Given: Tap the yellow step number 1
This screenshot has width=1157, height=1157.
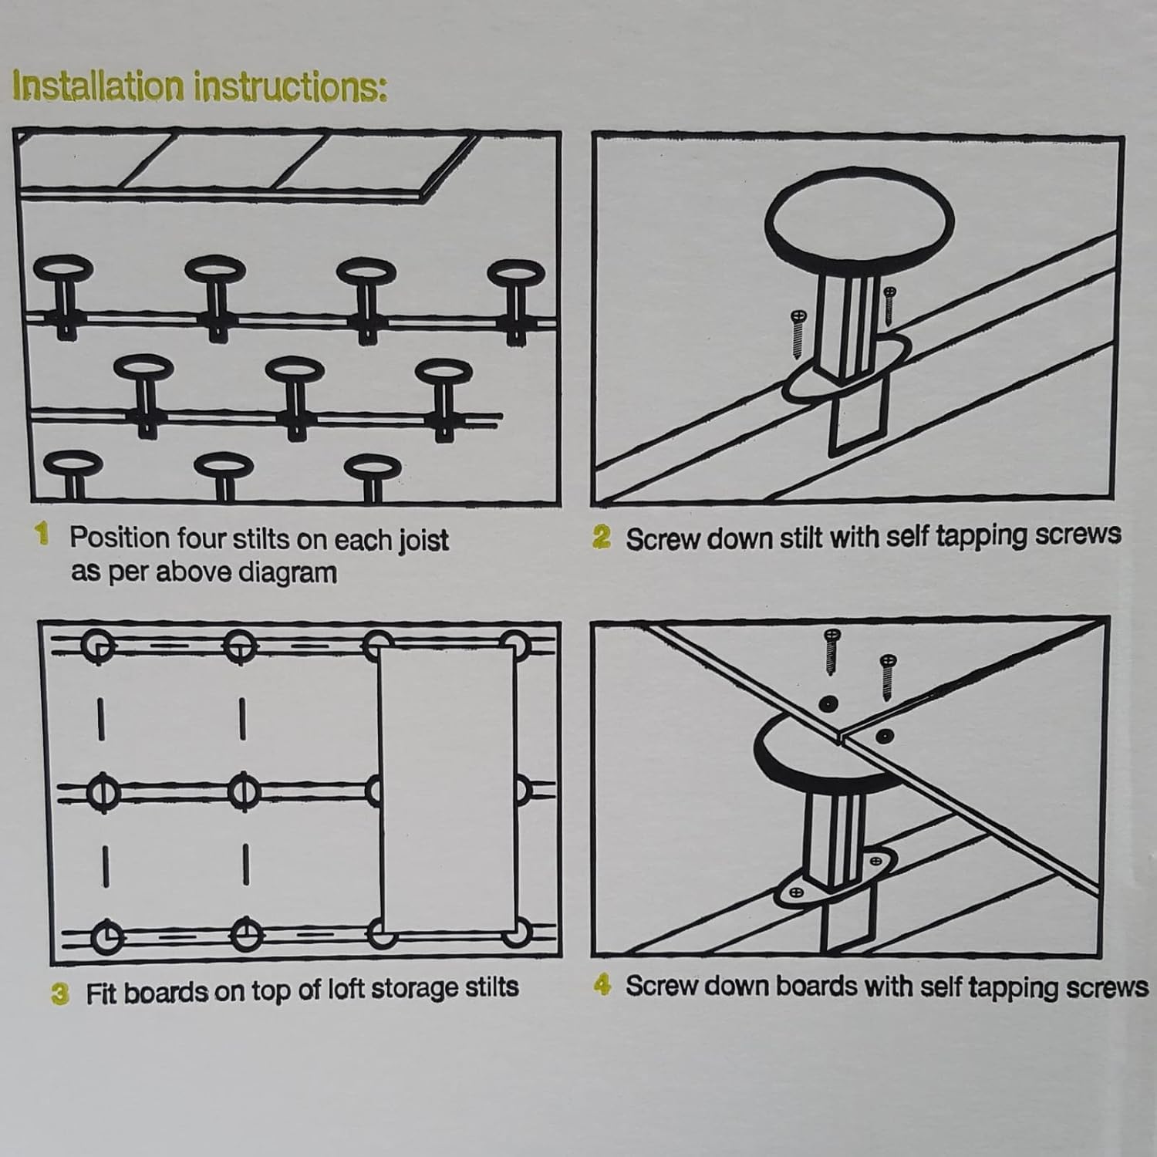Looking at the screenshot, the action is click(x=42, y=533).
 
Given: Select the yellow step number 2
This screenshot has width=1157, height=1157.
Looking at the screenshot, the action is click(x=601, y=537).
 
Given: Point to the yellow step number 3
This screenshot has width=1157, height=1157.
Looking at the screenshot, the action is click(x=60, y=993).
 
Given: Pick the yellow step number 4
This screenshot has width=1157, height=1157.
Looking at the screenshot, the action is click(x=603, y=985).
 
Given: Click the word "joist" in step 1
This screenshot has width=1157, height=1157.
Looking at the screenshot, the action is click(x=423, y=540).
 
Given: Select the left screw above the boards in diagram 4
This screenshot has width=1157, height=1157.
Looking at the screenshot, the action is click(x=831, y=653).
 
